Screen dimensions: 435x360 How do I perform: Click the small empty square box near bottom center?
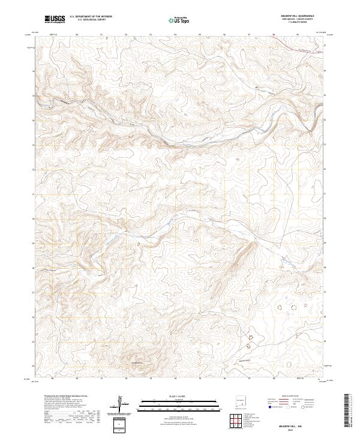(x=122, y=425)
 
